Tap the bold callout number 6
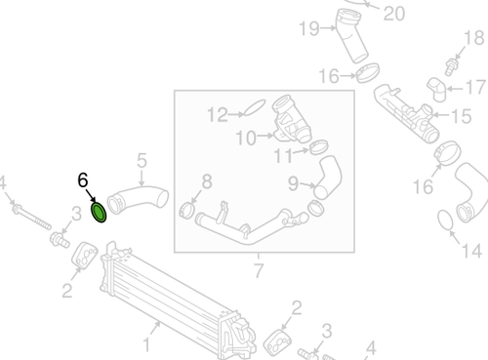point(83,180)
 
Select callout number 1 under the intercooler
point(147,343)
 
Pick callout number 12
point(215,115)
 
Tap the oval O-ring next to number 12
point(252,108)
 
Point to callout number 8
point(205,180)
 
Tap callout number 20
point(393,13)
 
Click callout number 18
point(474,38)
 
